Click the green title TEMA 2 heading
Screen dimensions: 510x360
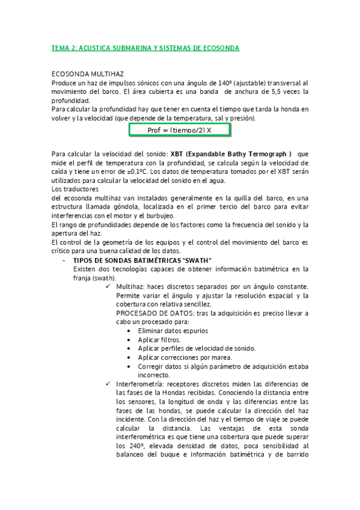[x=144, y=48]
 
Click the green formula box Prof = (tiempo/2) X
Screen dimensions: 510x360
[x=179, y=130]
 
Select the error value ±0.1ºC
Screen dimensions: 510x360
[x=133, y=171]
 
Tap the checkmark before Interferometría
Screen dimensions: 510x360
[x=108, y=384]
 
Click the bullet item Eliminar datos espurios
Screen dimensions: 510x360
[x=172, y=331]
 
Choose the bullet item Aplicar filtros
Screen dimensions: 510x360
[x=159, y=340]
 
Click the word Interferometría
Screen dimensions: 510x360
[x=140, y=384]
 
